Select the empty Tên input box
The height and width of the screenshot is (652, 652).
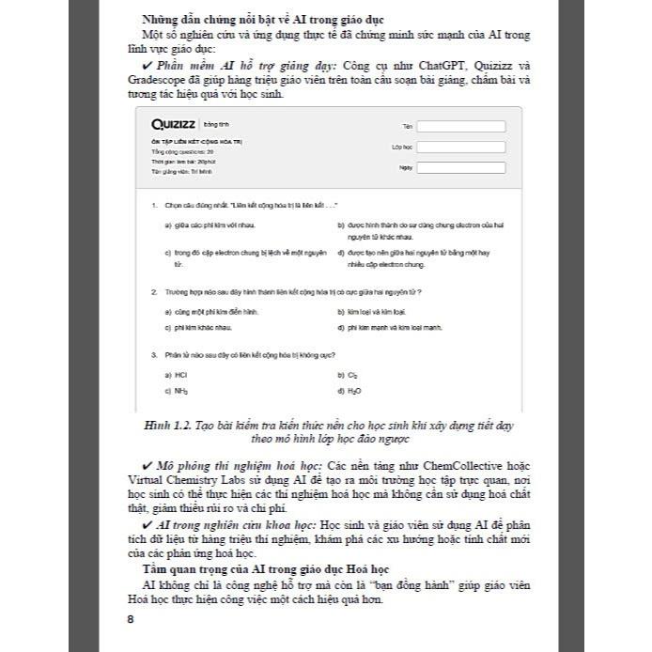coord(461,127)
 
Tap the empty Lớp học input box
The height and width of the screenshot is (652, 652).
coord(461,147)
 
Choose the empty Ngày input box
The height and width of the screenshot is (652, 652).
coord(461,168)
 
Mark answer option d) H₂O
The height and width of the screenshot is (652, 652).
coord(349,390)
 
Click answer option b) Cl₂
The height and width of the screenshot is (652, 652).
coord(348,374)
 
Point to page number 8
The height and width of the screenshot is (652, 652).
coord(131,619)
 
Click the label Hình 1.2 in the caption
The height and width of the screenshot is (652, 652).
coord(170,426)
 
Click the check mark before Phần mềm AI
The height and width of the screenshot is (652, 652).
coord(148,65)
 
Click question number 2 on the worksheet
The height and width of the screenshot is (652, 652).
coord(153,292)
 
